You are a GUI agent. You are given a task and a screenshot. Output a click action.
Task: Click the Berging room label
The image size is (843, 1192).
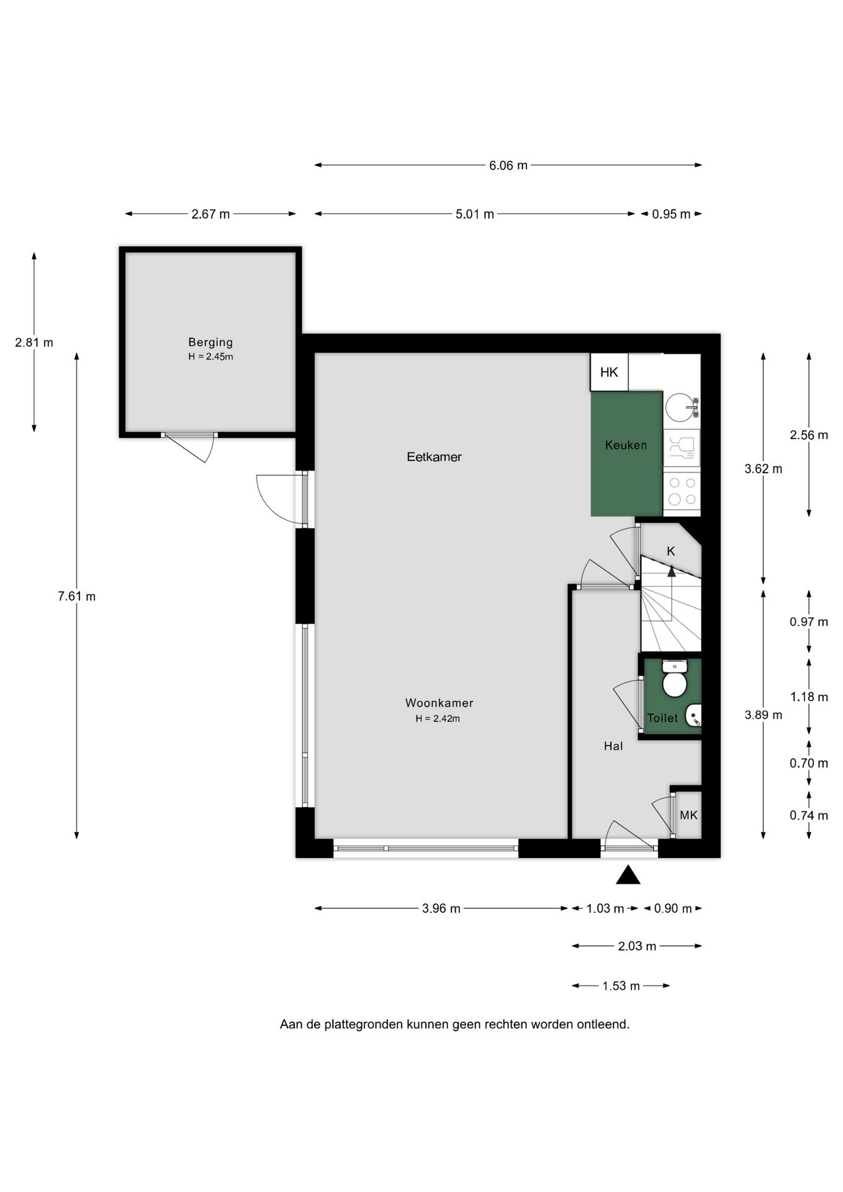(210, 342)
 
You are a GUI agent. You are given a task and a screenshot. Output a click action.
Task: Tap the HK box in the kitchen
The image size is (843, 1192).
(609, 372)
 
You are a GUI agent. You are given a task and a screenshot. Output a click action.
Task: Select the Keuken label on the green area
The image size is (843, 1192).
(626, 445)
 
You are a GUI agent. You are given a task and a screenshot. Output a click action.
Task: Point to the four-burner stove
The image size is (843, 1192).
(682, 490)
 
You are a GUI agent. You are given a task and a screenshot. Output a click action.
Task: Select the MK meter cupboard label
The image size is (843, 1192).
(688, 815)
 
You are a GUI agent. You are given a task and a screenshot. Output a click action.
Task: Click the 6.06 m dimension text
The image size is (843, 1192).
(508, 165)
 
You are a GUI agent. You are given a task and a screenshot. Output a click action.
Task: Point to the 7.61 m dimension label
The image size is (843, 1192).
(76, 597)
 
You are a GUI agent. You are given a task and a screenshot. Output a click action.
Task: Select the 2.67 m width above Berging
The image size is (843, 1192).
(210, 214)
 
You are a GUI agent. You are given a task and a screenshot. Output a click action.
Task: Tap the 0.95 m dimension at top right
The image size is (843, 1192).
(671, 214)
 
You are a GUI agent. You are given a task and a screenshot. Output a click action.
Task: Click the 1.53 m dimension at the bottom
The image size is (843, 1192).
(621, 986)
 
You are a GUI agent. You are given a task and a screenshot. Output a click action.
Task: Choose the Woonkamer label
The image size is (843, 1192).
(439, 703)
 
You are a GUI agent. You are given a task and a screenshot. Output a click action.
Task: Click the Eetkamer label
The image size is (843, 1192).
(434, 457)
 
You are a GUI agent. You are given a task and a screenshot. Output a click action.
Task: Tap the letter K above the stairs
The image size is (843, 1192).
(670, 551)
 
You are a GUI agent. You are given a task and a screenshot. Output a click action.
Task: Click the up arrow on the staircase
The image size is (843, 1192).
(671, 572)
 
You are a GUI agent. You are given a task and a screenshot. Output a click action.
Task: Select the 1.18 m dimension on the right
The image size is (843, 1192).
(809, 697)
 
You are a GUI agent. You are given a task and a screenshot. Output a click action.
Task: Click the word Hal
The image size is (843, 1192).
(613, 746)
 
